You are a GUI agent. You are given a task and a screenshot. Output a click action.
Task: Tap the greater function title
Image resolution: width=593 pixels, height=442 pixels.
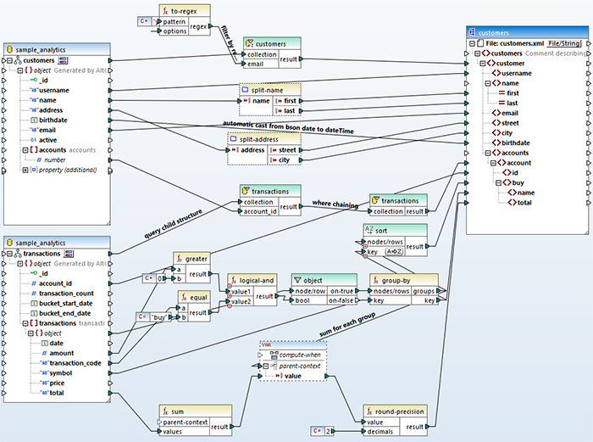(197, 258)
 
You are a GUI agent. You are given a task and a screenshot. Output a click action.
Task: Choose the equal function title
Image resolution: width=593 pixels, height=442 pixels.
(195, 297)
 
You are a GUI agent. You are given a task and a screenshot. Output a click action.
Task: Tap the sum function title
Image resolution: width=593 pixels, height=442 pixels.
(190, 410)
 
